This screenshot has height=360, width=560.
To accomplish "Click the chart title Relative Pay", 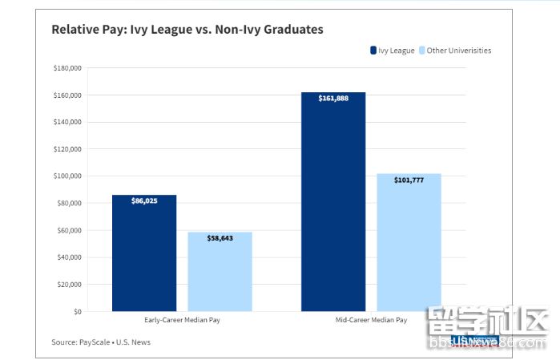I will (187, 30).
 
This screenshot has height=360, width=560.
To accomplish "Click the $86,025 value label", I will (144, 200).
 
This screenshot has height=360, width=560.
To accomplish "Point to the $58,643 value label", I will (220, 238).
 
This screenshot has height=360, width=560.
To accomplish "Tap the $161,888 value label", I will (333, 98).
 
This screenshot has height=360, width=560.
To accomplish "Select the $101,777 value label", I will (409, 180).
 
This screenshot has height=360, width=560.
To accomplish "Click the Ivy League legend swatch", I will (373, 51).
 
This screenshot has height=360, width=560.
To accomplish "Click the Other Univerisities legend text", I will (459, 51).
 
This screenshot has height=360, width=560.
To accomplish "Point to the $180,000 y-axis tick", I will (66, 68).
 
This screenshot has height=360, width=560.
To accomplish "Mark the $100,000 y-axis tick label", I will (66, 176).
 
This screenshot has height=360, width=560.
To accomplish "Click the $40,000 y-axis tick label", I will (68, 257).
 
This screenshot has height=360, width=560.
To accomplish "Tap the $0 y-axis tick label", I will (77, 311).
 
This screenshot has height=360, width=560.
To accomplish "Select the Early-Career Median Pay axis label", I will (182, 320).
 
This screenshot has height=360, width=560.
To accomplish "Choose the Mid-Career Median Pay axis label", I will (371, 320).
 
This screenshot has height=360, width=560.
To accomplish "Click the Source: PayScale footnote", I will (101, 342).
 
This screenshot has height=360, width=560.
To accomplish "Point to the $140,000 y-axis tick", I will (66, 122).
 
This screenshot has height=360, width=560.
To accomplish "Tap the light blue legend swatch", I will (421, 51).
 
